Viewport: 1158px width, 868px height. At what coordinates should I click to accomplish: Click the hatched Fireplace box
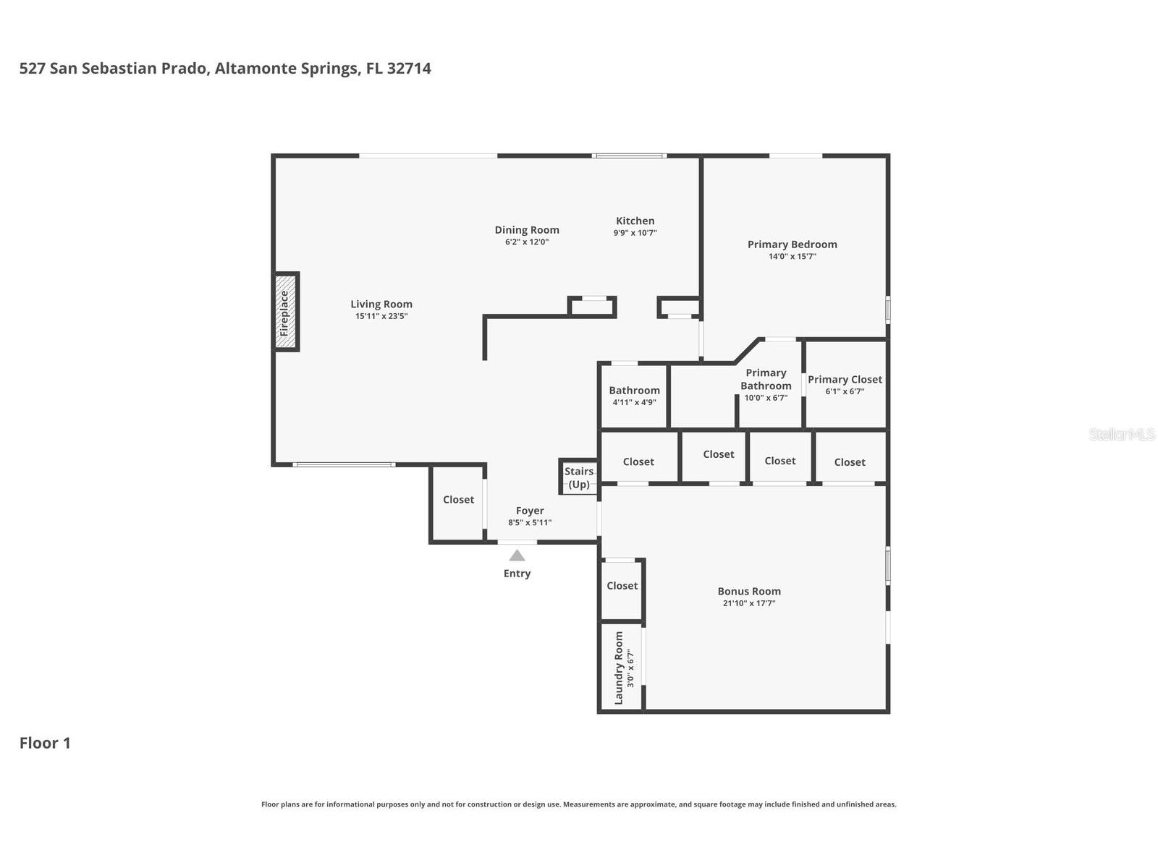[x=285, y=312]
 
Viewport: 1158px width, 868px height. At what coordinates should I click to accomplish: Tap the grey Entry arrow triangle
[x=517, y=556]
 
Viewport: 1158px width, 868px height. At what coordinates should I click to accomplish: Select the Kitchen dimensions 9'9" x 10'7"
[x=635, y=233]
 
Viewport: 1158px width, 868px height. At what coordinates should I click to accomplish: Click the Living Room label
[x=381, y=304]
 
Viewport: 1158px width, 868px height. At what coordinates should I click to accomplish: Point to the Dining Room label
[x=526, y=230]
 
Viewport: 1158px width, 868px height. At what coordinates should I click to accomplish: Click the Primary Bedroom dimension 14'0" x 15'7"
[x=792, y=257]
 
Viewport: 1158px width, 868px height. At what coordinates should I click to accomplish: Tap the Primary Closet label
[x=845, y=380]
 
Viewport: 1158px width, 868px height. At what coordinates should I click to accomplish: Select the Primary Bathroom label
[x=766, y=380]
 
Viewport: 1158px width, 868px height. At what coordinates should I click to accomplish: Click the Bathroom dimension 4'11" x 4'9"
[x=634, y=403]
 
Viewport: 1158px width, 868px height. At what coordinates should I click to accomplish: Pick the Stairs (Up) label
[x=579, y=478]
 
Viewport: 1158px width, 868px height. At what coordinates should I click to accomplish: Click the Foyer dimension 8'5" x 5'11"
[x=530, y=523]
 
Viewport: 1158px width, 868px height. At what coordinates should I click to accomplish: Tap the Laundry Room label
[x=619, y=668]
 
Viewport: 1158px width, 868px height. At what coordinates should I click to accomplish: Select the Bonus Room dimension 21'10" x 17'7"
[x=748, y=603]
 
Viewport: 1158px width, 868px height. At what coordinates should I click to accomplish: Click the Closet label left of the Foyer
[x=458, y=500]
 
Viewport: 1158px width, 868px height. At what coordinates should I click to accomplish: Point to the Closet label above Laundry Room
[x=622, y=585]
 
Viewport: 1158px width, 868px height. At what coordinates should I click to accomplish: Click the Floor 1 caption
[x=45, y=743]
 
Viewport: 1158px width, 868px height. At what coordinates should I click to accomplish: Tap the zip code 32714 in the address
[x=409, y=69]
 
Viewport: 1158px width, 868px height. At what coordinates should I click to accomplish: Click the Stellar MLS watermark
[x=1122, y=434]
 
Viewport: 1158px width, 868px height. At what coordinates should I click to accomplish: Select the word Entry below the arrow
[x=517, y=574]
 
